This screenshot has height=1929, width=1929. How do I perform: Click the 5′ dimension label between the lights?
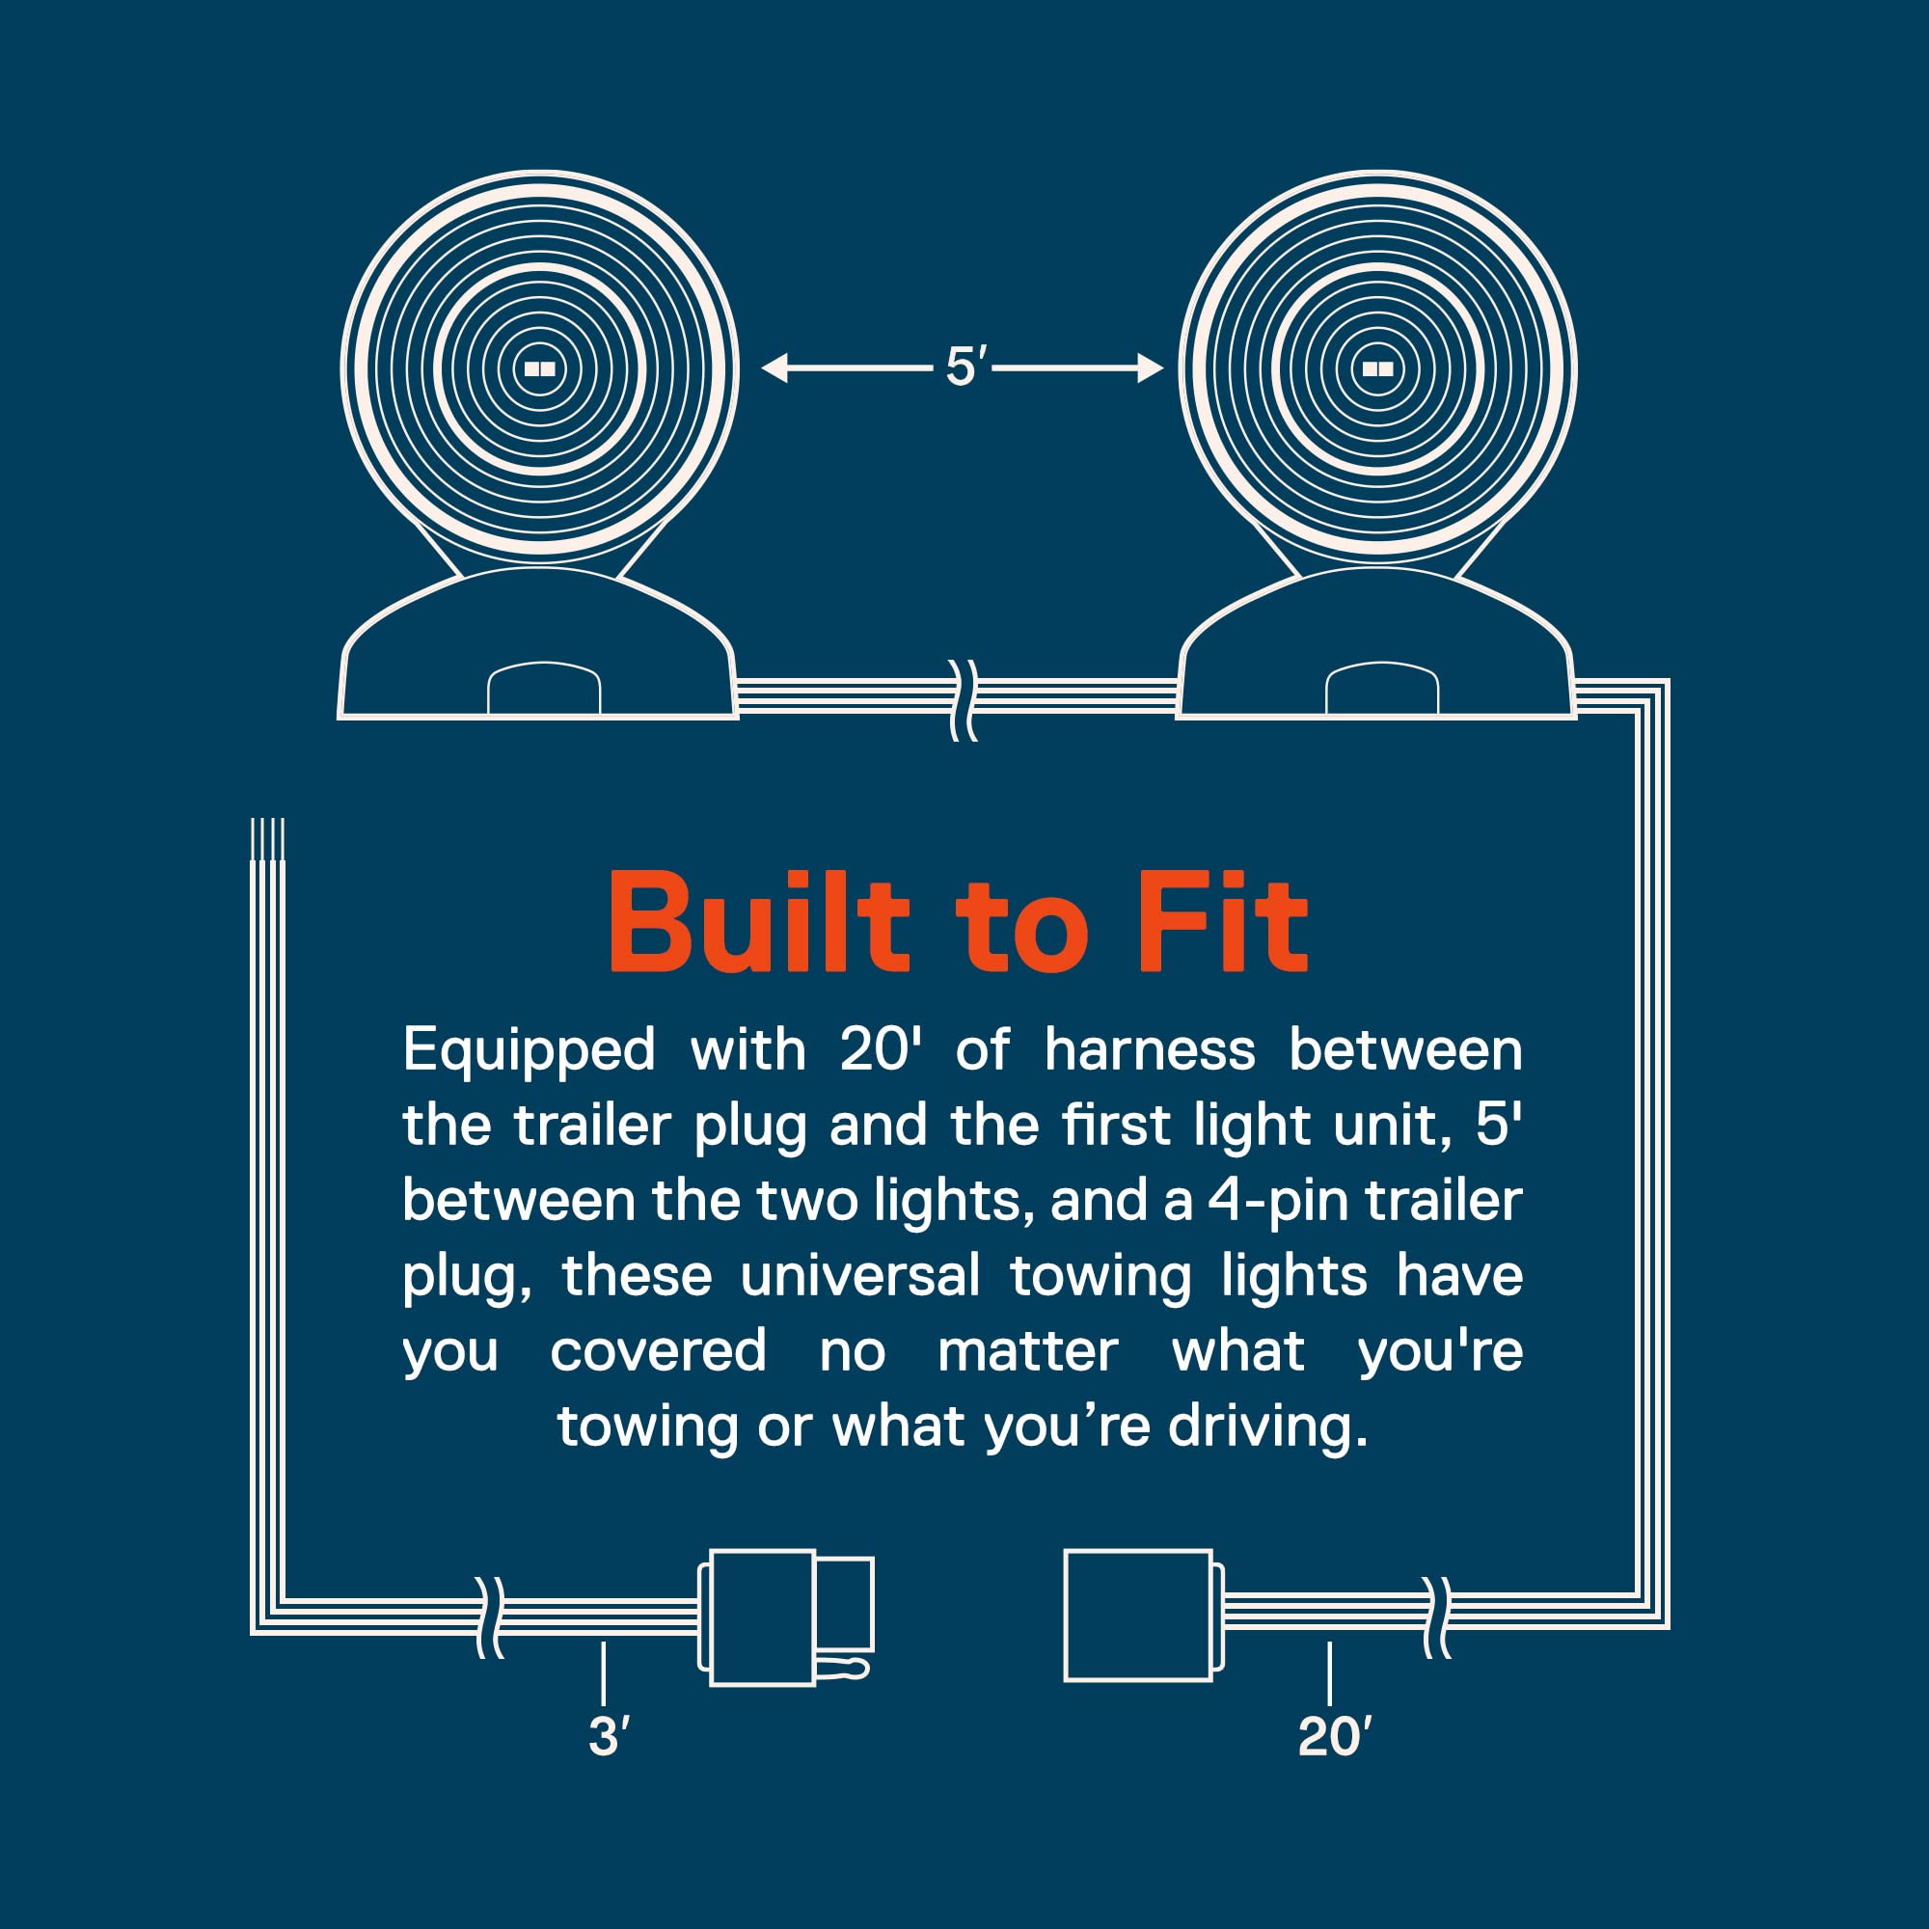[x=966, y=367]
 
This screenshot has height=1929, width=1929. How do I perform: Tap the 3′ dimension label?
[x=609, y=1736]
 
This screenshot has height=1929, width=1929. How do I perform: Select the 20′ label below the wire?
[x=1335, y=1736]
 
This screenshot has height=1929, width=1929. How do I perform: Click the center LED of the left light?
[x=540, y=368]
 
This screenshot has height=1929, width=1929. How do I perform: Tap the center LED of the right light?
[x=1378, y=368]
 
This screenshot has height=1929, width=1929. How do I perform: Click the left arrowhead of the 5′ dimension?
[x=774, y=368]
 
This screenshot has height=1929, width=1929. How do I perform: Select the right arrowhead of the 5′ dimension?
[x=1151, y=368]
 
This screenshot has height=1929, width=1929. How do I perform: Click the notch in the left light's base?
[x=544, y=688]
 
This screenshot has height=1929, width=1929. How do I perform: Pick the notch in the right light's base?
[x=1382, y=688]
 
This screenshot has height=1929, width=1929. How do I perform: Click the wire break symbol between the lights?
[x=963, y=700]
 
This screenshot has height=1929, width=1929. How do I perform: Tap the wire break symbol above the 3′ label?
[x=489, y=1617]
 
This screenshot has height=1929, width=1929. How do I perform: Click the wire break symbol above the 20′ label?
[x=1436, y=1617]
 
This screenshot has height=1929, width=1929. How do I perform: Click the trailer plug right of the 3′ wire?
[x=786, y=1617]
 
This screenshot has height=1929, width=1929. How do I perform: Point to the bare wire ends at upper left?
[x=267, y=839]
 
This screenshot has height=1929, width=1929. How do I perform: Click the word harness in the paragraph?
[x=1150, y=1050]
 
